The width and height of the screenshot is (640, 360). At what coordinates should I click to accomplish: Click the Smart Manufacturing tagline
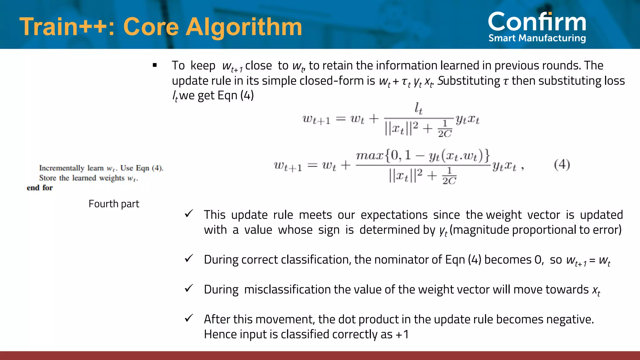pos(537,38)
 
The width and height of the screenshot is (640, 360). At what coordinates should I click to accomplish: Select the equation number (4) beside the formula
pos(562,164)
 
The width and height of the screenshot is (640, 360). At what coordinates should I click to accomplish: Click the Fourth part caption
pos(114,204)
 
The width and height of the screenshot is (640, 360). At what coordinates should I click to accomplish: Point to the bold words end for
pos(40,188)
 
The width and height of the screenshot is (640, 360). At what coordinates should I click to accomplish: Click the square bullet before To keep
pos(155,65)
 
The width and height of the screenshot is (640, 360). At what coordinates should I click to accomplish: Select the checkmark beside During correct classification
pos(189,258)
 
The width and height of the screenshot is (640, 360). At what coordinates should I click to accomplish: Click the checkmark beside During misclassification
pos(189,288)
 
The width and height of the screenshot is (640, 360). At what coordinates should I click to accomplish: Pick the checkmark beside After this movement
pos(189,318)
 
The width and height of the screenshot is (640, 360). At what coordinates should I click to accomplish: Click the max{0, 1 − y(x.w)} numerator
pos(423,156)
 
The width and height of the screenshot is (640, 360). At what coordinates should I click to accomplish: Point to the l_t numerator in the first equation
pos(418,108)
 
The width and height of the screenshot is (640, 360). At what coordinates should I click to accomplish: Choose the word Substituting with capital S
pos(469,81)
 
